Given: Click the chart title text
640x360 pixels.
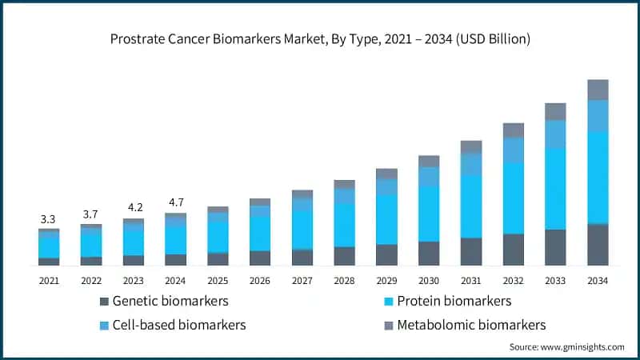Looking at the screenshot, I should pos(320,38).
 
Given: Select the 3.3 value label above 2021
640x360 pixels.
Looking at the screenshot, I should pos(49,218).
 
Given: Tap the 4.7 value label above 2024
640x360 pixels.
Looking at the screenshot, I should pos(175,202).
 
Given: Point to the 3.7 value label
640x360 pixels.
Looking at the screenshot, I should pos(91,214).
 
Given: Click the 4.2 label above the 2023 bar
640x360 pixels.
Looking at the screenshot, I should pos(133,208).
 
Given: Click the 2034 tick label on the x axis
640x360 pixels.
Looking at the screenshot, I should pos(598,281).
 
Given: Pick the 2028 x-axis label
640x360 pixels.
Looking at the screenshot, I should pos(344,281).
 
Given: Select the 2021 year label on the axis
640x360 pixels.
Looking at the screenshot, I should pos(49,281).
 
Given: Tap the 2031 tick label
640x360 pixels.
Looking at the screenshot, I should pos(471,281).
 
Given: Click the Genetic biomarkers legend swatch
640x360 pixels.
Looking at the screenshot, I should pos(104,302).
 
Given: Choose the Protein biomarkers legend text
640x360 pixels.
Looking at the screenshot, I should pos(454,302).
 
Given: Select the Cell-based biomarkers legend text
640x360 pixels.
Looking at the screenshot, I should pos(179,325).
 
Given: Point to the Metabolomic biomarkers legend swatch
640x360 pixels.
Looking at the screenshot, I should pos(390,325).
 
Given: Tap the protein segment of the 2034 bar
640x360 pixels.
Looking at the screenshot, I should pos(598,178).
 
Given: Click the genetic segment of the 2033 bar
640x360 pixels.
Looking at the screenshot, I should pos(555,247).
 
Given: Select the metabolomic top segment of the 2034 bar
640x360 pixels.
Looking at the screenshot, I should pos(598,90).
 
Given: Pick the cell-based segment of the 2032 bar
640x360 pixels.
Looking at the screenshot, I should pos(513,150).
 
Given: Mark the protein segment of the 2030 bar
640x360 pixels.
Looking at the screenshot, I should pos(429,214).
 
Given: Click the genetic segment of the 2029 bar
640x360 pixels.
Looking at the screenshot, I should pos(386,254).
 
